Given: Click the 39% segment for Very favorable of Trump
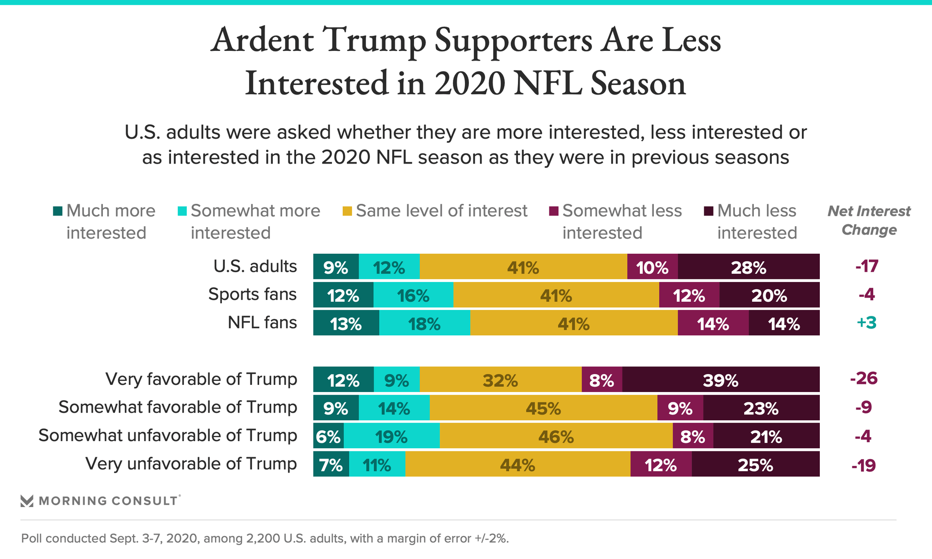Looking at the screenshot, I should coord(721,379).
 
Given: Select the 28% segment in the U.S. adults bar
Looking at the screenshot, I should coord(749,267).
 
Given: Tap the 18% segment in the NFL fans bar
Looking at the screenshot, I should coord(424,323).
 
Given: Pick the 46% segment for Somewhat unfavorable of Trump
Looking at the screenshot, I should coord(556,436).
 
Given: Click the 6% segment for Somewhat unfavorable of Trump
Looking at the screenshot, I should coord(328,436).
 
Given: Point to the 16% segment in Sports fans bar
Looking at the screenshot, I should coord(413,295).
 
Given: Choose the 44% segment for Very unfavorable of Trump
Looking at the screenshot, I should coord(517,464).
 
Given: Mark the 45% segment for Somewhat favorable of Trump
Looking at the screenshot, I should coord(543,408).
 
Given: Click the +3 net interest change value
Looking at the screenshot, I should coord(866,323).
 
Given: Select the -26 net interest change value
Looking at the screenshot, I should coord(864,378).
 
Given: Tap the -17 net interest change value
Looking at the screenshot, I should coord(866,266).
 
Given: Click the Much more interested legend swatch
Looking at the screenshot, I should coord(58,211).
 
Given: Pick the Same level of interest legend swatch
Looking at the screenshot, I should coord(347,211).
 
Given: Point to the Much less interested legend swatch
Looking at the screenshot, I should coord(709,211).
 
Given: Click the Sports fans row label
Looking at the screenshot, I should coord(252,295).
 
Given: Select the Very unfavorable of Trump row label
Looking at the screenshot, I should coord(191,464).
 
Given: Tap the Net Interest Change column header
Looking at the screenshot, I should coord(869,220).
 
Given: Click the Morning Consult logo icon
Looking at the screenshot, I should coord(27,501).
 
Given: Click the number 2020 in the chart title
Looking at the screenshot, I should coord(470,83).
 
